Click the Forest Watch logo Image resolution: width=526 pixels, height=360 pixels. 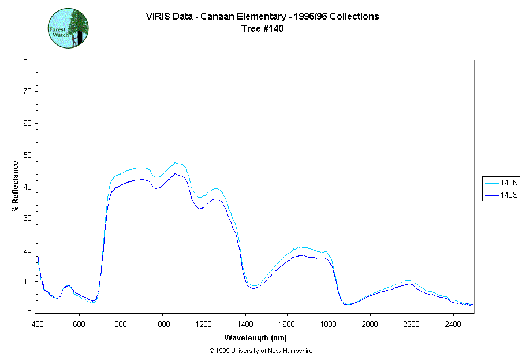[x=68, y=28]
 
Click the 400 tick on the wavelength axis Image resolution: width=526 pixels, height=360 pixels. [x=38, y=323]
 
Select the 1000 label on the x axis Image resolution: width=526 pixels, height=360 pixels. [x=162, y=323]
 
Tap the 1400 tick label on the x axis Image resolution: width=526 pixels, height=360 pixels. [x=245, y=323]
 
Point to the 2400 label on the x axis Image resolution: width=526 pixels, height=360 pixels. [x=453, y=323]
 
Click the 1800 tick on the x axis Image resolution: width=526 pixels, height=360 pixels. [x=329, y=323]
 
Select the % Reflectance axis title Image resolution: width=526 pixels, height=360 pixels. [x=16, y=186]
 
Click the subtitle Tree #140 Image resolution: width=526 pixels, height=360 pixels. [x=263, y=29]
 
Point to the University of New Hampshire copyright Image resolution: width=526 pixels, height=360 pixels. [x=261, y=351]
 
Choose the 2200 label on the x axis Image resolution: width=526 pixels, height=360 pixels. [x=412, y=323]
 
